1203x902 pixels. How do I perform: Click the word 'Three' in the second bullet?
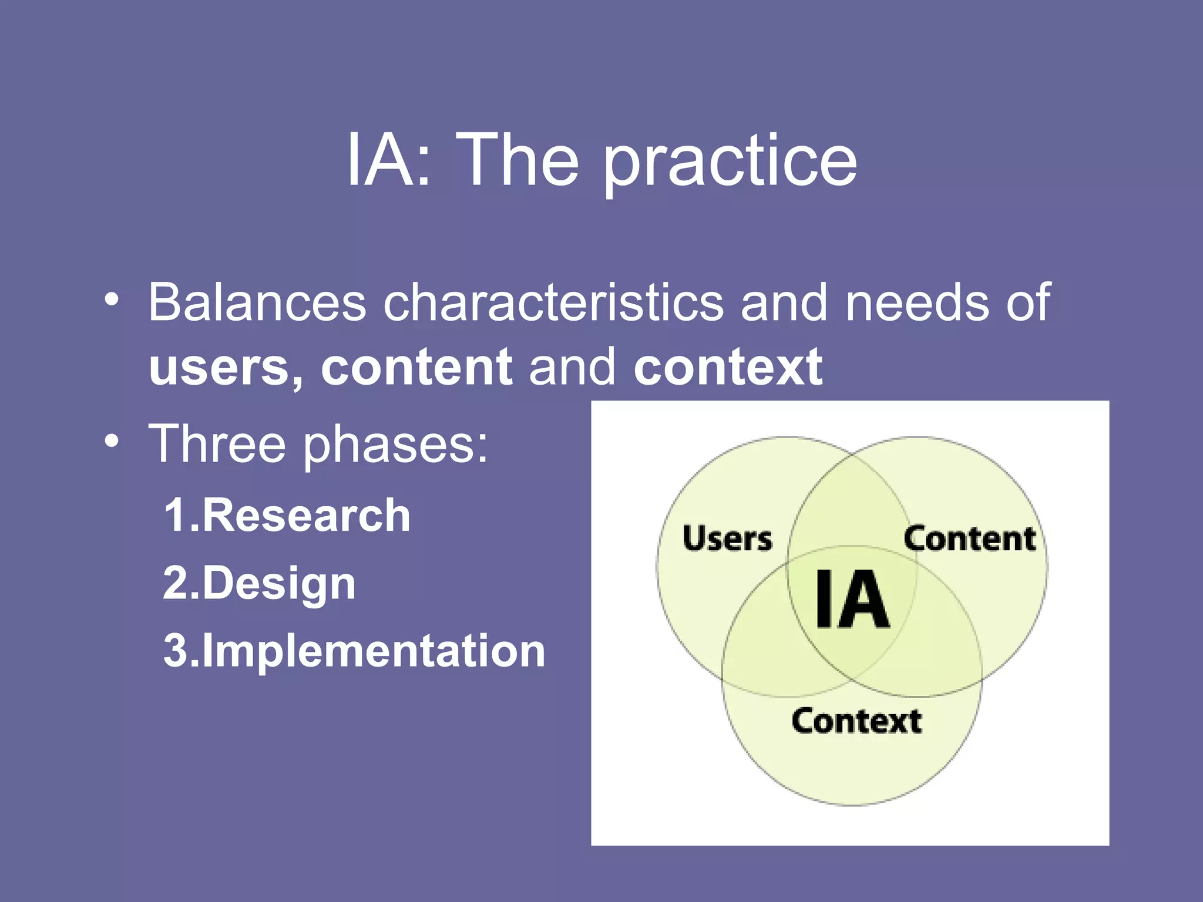[217, 444]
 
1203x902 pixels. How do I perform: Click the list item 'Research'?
[306, 516]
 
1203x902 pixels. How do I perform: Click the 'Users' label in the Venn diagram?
[727, 539]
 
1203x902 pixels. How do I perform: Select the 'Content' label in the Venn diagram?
[969, 539]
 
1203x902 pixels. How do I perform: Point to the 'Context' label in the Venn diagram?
[856, 721]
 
